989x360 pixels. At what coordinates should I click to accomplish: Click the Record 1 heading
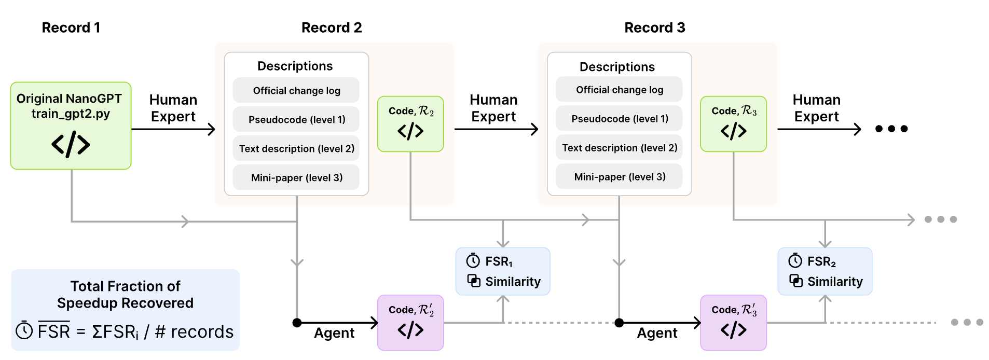point(71,27)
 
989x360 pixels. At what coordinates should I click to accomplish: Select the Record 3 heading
point(655,27)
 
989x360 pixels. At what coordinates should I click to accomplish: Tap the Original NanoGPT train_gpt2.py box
point(71,126)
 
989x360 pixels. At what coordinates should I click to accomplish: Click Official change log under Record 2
point(296,90)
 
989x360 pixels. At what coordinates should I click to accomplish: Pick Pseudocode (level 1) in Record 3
point(620,119)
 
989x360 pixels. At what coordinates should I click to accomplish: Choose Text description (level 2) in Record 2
point(296,148)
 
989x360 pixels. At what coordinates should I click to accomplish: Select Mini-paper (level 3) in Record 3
point(620,177)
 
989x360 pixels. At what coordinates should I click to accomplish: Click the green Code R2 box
point(410,124)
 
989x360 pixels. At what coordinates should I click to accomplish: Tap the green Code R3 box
point(733,124)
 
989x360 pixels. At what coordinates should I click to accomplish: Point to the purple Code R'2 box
point(410,323)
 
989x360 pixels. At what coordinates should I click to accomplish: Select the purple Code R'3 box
point(733,323)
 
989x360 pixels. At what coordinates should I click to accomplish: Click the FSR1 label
point(499,261)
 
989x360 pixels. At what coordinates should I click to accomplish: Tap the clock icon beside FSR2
point(795,260)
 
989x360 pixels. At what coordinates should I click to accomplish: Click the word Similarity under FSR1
point(513,282)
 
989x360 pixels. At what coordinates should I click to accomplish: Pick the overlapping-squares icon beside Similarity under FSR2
point(796,281)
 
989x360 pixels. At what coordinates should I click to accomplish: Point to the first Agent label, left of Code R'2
point(334,333)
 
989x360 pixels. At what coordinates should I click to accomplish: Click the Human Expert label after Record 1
point(173,108)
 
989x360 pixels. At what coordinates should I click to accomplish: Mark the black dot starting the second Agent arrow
point(619,323)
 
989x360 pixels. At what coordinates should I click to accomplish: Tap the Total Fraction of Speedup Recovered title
point(125,294)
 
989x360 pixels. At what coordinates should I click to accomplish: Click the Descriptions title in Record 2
point(295,66)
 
